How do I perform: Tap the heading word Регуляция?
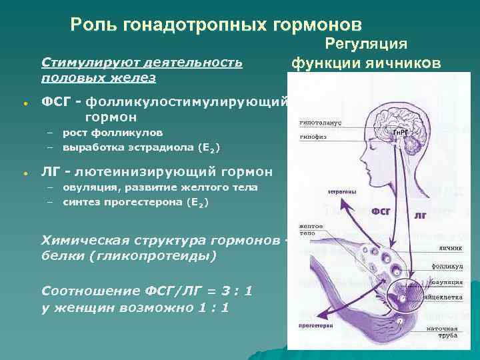pos(366,44)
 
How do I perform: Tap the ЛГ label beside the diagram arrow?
pos(421,216)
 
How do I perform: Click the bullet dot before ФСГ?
pos(25,105)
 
